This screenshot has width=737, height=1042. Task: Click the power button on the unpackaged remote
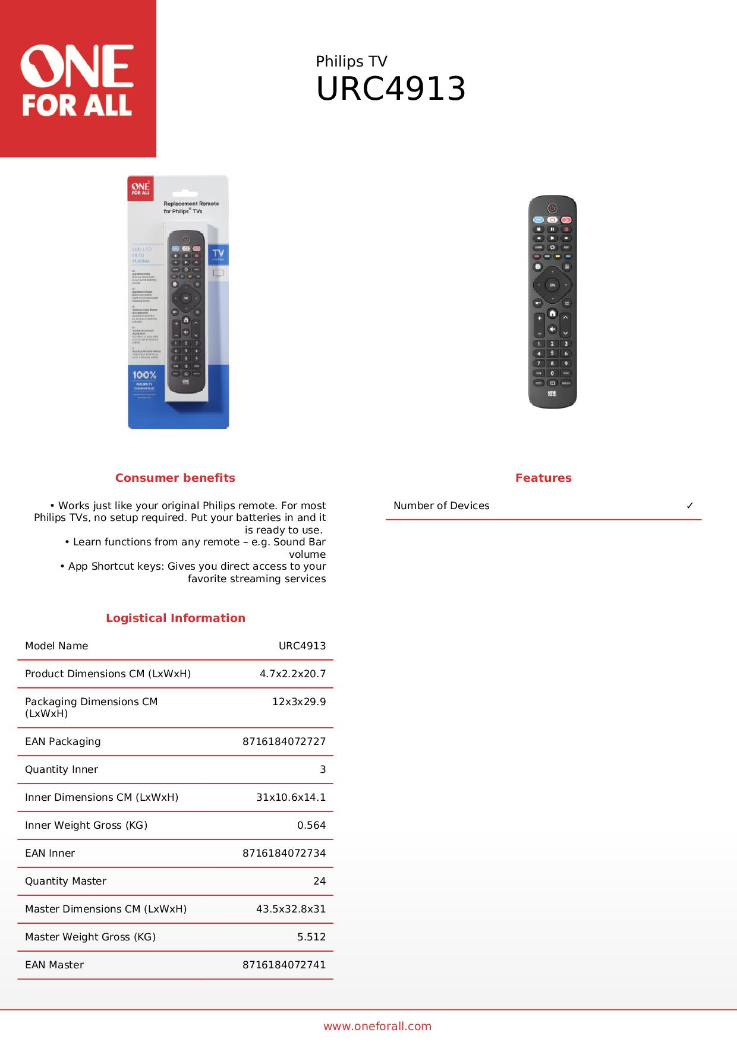coord(552,209)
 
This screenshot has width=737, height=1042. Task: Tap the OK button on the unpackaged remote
coord(552,285)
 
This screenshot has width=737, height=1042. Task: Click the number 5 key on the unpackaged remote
coord(552,353)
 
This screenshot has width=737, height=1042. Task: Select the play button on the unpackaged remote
coord(552,238)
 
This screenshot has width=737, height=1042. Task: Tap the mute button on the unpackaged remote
coord(552,329)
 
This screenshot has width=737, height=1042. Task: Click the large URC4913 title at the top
coord(390,90)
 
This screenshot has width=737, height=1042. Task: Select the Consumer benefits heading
coord(175,478)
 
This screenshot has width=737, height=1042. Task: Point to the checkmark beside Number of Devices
coord(689,506)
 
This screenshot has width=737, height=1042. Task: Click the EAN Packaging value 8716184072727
coord(284,741)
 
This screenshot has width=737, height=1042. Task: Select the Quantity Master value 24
coord(319,881)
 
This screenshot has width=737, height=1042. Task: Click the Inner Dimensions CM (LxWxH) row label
coord(102,797)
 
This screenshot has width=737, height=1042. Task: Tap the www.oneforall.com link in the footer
coord(377,1026)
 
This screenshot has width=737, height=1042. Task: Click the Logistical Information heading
coord(175,618)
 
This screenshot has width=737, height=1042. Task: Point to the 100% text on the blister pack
coord(144,375)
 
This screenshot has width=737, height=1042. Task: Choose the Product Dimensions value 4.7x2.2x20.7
coord(292,674)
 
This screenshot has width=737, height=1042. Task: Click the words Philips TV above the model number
coord(351,62)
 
